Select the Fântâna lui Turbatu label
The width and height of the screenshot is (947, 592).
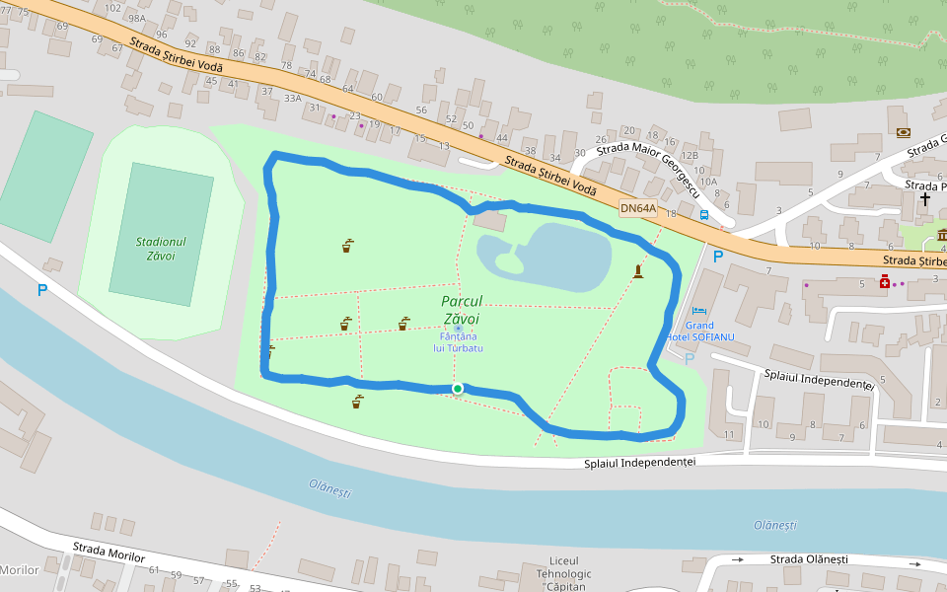460,341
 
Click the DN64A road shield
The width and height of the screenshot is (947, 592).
638,208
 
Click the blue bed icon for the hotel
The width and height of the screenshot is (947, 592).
699,311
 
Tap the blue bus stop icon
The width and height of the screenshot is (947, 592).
704,214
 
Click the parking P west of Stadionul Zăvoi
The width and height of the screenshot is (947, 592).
41,290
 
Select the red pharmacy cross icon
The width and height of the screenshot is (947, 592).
885,282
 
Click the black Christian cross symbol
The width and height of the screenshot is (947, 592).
925,198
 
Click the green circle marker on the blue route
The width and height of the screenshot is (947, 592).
458,389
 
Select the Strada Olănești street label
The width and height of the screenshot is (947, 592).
809,559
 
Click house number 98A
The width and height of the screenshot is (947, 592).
136,19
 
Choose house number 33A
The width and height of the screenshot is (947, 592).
292,98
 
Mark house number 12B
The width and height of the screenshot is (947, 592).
690,155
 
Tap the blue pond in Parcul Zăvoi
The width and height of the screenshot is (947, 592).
552,257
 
